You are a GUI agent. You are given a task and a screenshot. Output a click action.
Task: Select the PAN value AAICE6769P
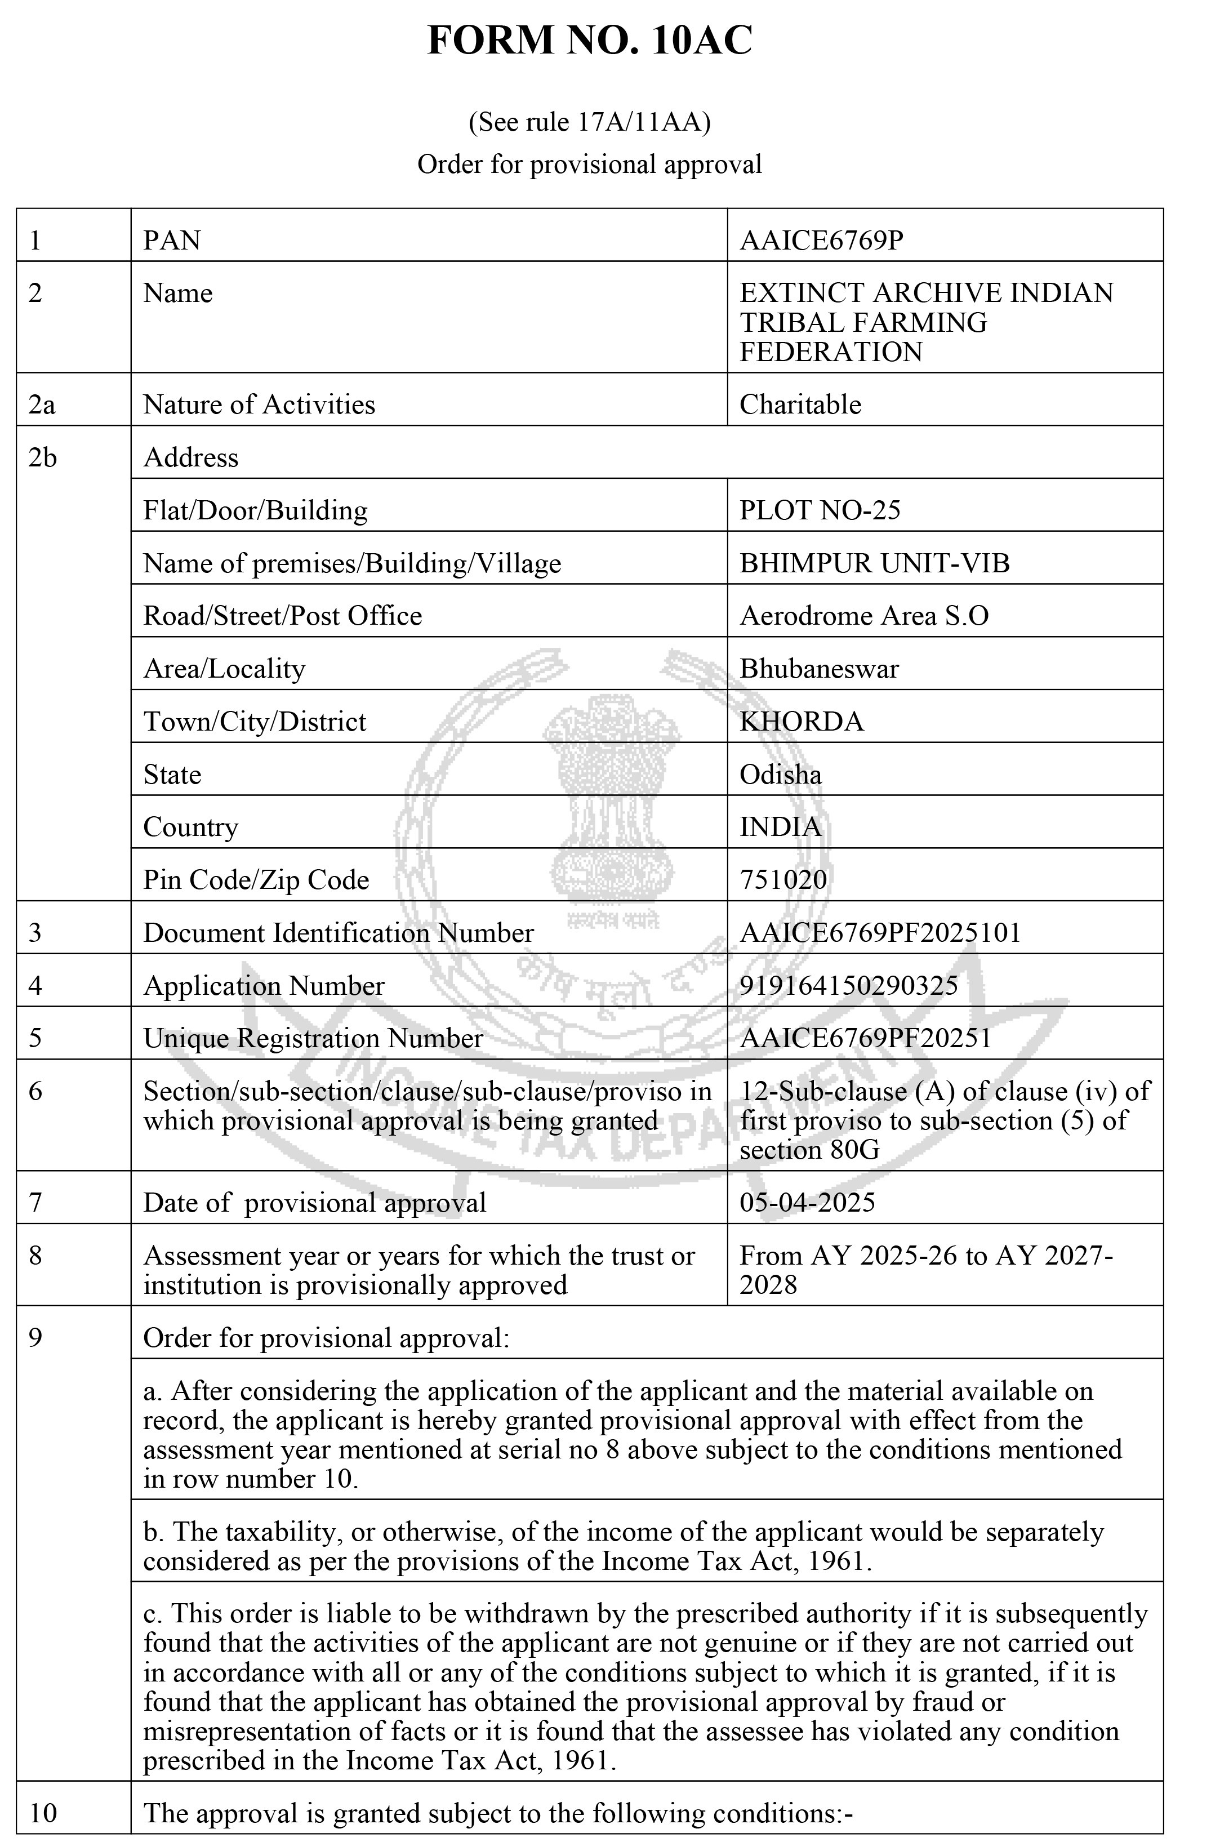tap(821, 241)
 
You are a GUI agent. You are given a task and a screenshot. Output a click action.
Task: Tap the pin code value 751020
tap(783, 879)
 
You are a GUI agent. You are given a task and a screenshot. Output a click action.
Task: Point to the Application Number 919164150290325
tap(848, 985)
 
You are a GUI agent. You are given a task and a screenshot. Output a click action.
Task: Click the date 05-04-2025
tap(807, 1202)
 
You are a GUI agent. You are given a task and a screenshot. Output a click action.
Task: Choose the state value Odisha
tap(780, 774)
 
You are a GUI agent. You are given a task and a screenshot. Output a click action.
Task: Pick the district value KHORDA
tap(802, 722)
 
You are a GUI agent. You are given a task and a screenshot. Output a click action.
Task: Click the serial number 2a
tap(42, 405)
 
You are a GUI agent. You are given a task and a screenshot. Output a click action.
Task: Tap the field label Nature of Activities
tap(259, 405)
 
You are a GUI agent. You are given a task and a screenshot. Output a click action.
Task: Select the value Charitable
tap(800, 405)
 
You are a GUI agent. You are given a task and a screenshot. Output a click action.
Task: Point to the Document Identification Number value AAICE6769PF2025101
tap(880, 933)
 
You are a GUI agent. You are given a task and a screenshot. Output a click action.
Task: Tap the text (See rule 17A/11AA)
tap(590, 122)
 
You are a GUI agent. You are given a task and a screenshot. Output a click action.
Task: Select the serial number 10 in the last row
tap(43, 1813)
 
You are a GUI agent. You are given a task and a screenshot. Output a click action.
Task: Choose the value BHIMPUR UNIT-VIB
tap(874, 563)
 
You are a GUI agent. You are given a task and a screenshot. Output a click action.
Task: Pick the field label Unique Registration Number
tap(313, 1038)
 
